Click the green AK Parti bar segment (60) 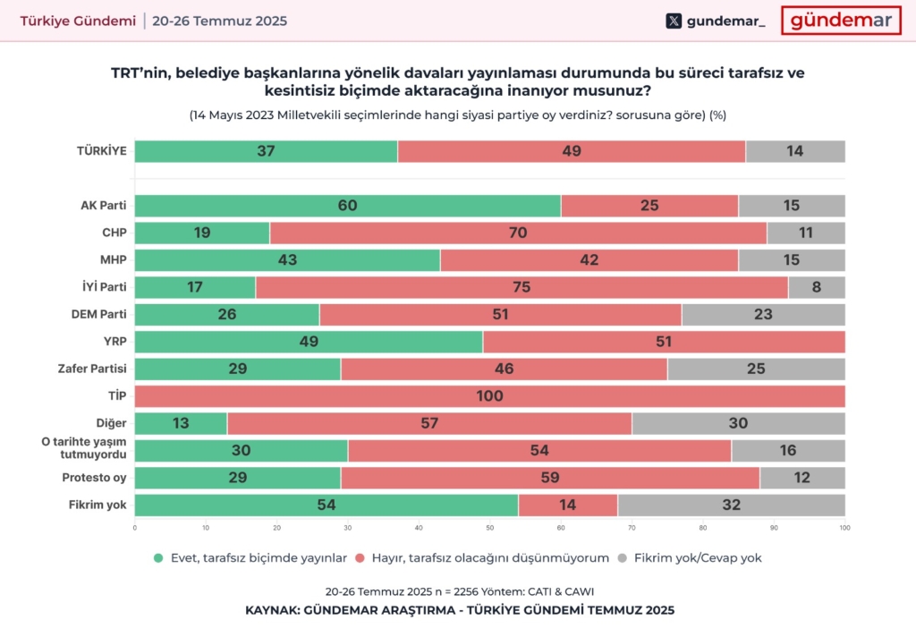tap(348, 206)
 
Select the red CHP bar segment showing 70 tap(518, 233)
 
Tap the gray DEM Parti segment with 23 tap(763, 315)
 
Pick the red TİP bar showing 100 tap(489, 396)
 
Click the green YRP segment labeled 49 tap(309, 342)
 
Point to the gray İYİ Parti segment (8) tap(816, 287)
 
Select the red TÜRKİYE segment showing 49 tap(572, 151)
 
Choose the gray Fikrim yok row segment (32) tap(731, 505)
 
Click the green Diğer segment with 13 tap(181, 423)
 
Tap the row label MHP tap(113, 260)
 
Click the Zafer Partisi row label tap(98, 369)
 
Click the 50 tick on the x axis tap(489, 527)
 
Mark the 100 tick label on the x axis tap(844, 527)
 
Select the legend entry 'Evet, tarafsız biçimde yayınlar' tap(250, 557)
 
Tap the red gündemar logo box tap(840, 21)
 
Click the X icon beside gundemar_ tap(674, 21)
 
